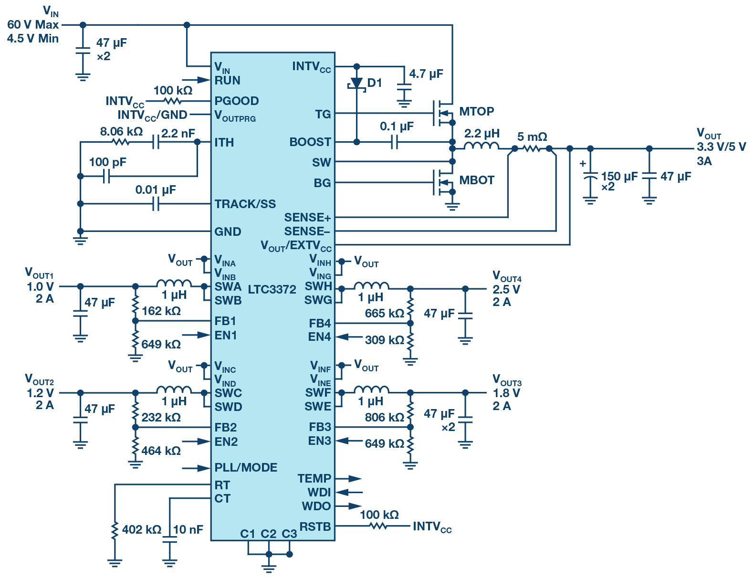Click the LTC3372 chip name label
pos(272,289)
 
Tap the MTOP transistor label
pos(476,112)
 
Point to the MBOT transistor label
pos(476,180)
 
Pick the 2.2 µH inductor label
pos(482,134)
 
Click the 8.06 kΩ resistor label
pos(121,132)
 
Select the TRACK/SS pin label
pos(245,204)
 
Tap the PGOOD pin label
pos(236,101)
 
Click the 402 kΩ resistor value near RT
pos(141,530)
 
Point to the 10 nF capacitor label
pos(188,530)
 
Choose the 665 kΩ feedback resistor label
pos(384,314)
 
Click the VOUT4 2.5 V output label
pos(506,289)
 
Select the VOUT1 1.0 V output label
pos(40,287)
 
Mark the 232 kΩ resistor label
pos(161,418)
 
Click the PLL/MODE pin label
pos(246,468)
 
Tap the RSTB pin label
pos(315,527)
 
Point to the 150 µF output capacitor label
pos(618,177)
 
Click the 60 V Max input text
pos(33,25)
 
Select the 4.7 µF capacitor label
pos(426,74)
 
